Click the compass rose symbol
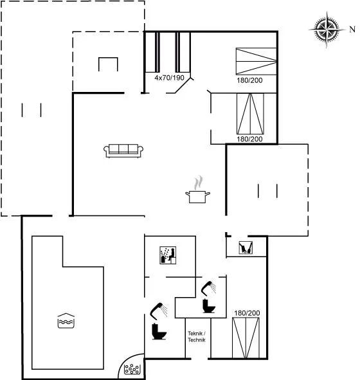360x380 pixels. tap(327, 30)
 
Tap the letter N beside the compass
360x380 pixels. tap(352, 30)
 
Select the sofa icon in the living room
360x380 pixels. tap(123, 150)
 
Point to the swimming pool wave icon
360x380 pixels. tap(66, 321)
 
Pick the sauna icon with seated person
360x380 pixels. tap(168, 255)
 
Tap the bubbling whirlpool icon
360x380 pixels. tap(132, 369)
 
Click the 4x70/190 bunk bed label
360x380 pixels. tap(169, 78)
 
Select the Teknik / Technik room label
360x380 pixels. tap(197, 337)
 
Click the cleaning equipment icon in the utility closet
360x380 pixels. tap(246, 248)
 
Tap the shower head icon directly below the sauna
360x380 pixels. tap(159, 310)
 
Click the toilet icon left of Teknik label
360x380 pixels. tap(159, 331)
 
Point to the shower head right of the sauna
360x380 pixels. tap(208, 288)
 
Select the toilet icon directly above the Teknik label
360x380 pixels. tap(208, 306)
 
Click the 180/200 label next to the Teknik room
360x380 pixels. tap(247, 313)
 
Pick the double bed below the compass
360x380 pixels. tap(256, 61)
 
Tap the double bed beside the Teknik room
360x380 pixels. tap(246, 338)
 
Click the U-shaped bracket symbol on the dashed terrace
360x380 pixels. tap(108, 64)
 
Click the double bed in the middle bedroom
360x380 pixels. tap(250, 114)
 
